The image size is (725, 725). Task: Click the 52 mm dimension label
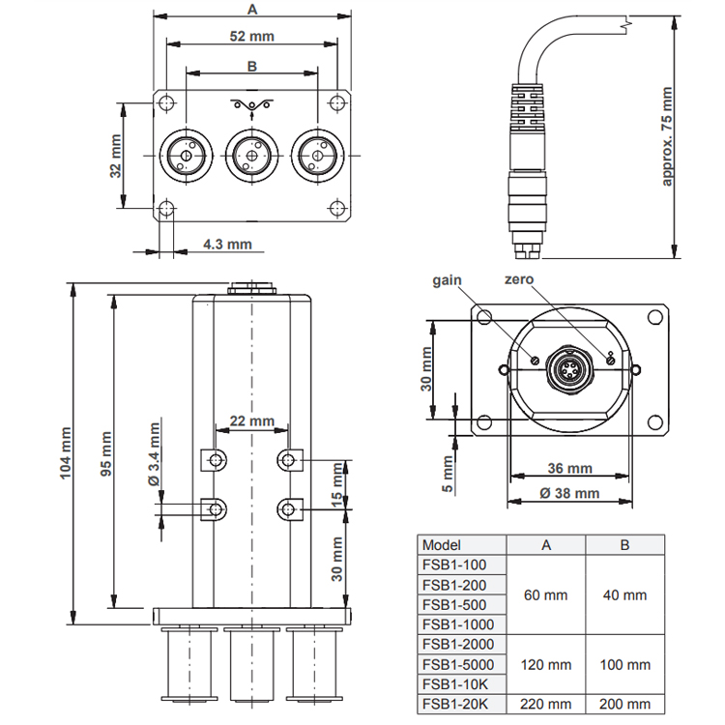252,36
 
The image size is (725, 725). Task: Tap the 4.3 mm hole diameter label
227,244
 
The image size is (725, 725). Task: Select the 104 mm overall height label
65,453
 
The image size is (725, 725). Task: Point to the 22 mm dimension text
252,420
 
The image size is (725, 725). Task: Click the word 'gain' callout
447,280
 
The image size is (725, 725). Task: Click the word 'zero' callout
519,279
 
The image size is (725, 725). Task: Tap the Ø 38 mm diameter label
569,493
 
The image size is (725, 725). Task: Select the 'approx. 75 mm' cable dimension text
666,136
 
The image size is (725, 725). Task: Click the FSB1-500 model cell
454,605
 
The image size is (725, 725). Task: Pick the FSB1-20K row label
455,704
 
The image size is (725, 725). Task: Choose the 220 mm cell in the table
545,704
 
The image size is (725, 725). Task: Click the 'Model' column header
442,545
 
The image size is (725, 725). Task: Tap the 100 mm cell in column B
625,664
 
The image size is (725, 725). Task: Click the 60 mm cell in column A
545,595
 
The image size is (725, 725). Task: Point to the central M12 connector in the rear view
568,369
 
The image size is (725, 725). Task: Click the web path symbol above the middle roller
251,105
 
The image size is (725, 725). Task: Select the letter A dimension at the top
252,9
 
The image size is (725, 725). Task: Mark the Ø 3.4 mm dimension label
154,454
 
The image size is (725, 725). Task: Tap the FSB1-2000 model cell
458,644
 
